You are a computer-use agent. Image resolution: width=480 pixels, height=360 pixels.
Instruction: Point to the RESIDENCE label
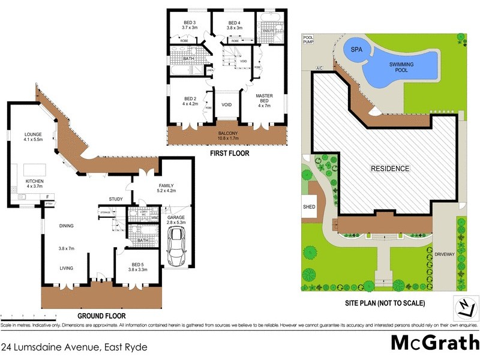tap(389, 169)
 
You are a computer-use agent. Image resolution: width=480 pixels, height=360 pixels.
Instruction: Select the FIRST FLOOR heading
tap(229, 153)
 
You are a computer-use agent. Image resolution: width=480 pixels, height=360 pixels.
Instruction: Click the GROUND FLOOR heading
tap(100, 315)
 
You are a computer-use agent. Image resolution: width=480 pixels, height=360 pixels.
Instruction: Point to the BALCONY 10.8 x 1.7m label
tap(228, 136)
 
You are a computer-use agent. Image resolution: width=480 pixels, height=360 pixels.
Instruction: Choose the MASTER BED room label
tap(265, 101)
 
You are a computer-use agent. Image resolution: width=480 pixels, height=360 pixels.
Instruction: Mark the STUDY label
tap(116, 199)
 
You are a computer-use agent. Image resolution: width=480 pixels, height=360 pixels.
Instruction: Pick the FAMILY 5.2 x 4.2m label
tap(166, 188)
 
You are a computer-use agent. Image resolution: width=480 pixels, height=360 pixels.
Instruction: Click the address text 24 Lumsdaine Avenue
tap(74, 347)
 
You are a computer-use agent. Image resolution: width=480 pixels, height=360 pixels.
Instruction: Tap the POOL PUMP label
tap(308, 40)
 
